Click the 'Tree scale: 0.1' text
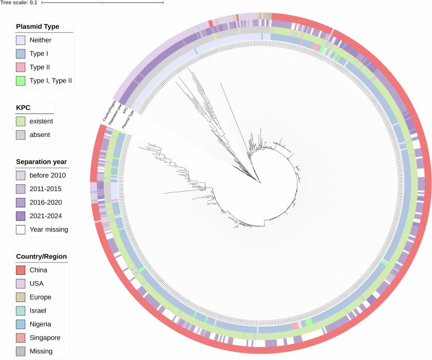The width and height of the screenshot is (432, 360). [x=19, y=3]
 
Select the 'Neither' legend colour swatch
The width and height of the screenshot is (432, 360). [x=22, y=40]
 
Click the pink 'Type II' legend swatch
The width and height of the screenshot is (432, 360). [x=22, y=67]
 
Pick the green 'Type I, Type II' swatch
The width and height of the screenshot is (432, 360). [x=22, y=80]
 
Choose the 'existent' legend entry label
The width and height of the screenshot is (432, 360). [x=44, y=121]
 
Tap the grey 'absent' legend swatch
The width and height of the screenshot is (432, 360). [x=22, y=134]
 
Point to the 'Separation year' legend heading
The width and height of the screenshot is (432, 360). [x=41, y=162]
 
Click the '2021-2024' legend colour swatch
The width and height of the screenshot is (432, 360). [x=22, y=216]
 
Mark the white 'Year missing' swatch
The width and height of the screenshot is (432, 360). [x=22, y=229]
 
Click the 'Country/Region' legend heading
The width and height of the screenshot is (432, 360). [x=42, y=256]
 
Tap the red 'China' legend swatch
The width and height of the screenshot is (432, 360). [x=22, y=270]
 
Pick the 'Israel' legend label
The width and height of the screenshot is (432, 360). [x=40, y=310]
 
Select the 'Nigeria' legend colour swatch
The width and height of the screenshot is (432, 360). [x=22, y=324]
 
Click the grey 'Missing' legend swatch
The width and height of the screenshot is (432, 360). [x=22, y=351]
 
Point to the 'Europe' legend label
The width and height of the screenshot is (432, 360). [x=43, y=297]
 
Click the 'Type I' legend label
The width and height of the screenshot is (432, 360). [x=41, y=54]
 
